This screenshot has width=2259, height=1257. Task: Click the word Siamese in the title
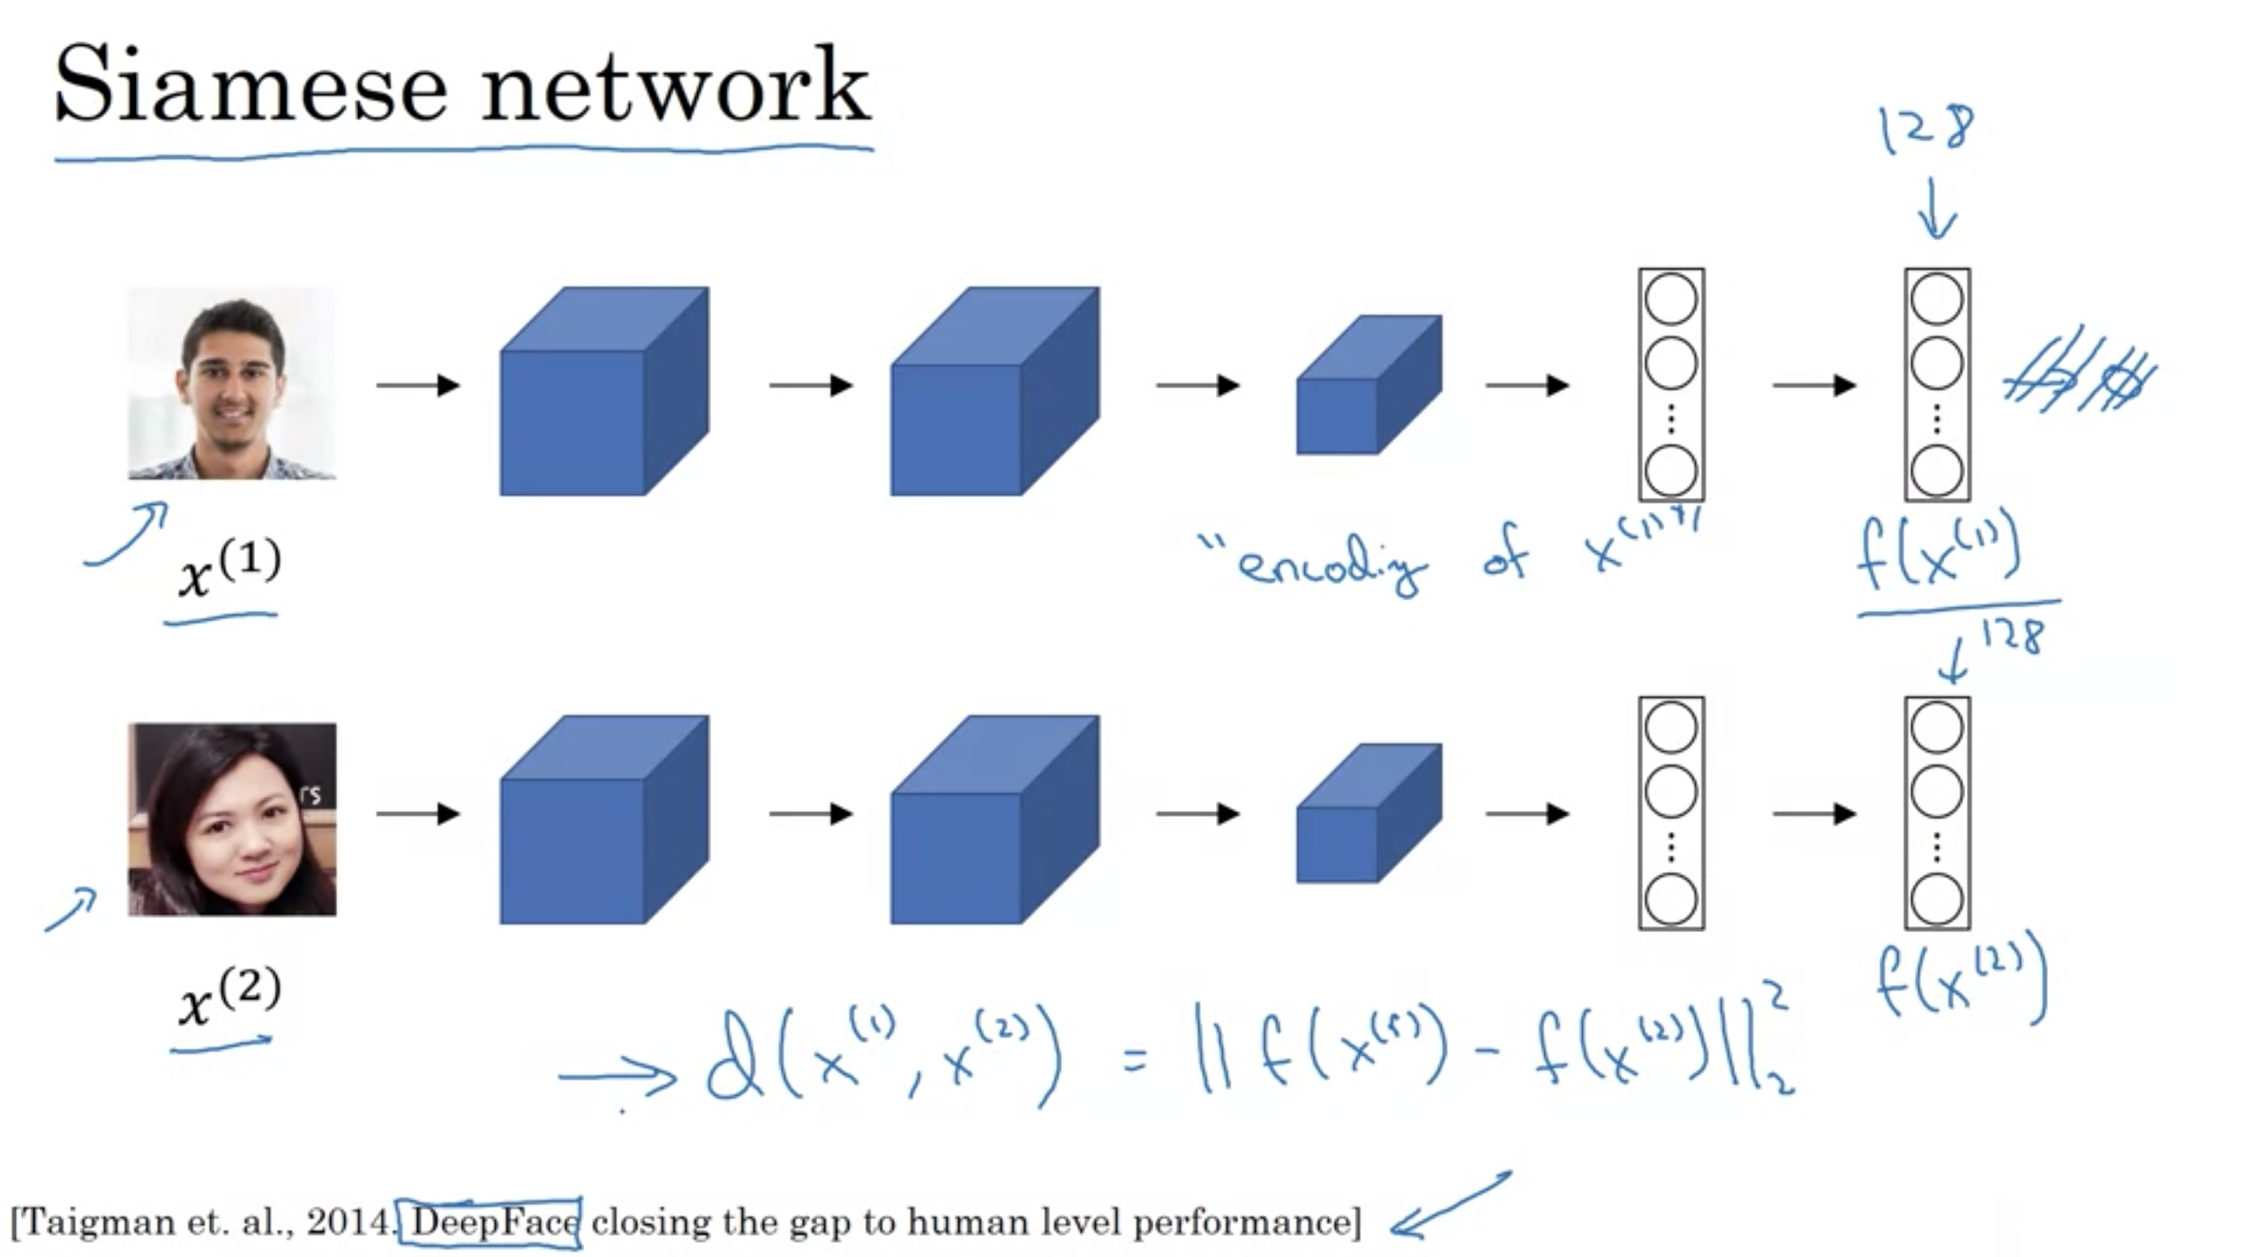point(251,87)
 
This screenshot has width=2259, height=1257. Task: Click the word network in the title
point(675,87)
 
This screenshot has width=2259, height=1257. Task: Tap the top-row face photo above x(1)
point(232,383)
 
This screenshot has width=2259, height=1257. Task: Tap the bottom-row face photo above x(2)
point(232,819)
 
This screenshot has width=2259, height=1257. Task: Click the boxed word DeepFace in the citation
point(491,1223)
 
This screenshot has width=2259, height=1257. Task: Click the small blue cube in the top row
point(1369,386)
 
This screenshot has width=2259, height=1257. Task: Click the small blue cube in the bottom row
point(1369,813)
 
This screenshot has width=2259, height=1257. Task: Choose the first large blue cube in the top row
point(604,391)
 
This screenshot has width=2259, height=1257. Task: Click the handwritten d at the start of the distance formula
point(734,1057)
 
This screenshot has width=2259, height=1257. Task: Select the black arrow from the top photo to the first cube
point(417,386)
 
